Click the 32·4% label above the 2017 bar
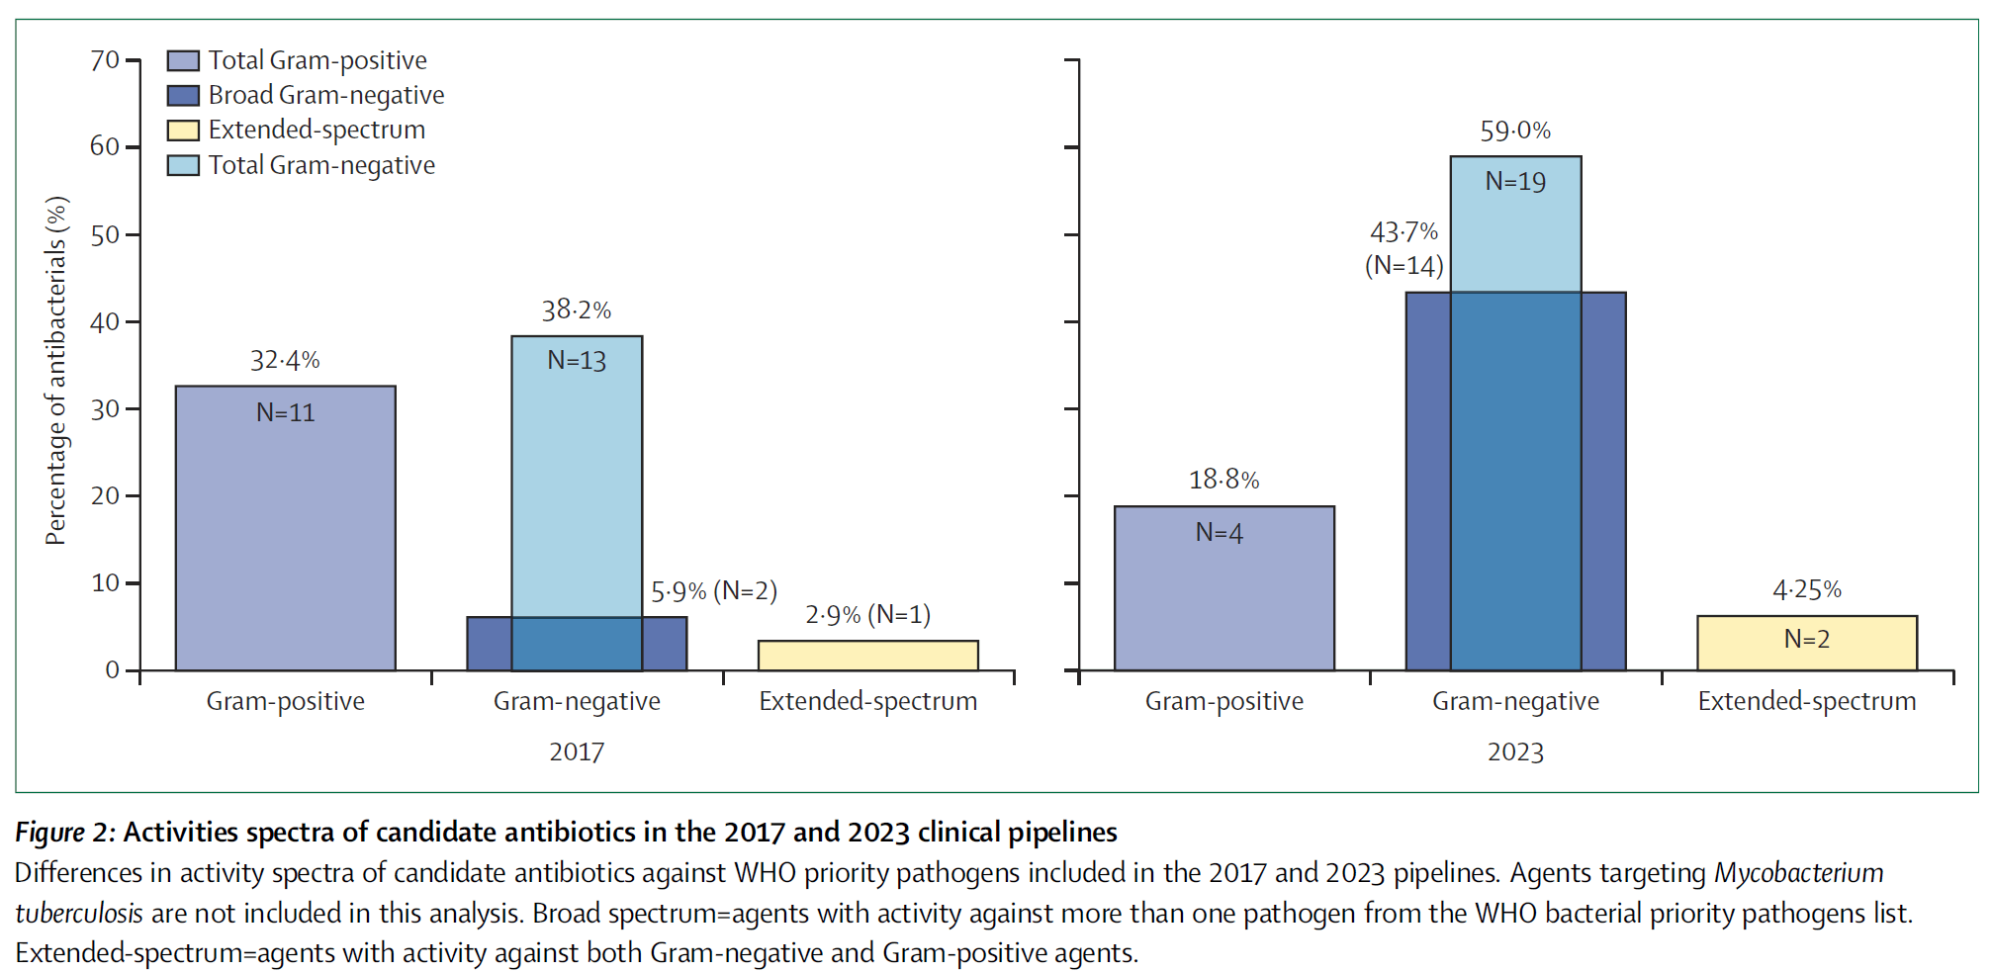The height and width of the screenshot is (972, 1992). (x=285, y=361)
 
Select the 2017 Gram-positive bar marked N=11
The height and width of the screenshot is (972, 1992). (x=285, y=534)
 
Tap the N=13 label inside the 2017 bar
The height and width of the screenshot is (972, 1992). (x=577, y=361)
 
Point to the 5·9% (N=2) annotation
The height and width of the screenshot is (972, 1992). (x=713, y=591)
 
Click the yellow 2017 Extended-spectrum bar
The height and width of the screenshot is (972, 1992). (x=867, y=656)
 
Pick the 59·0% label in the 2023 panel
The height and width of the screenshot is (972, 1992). (x=1514, y=131)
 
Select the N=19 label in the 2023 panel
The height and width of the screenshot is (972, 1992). (x=1514, y=182)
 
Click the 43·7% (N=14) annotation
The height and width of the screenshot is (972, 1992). (x=1403, y=248)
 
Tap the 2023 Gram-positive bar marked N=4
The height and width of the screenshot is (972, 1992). (x=1223, y=593)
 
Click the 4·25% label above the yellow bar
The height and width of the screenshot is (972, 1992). (x=1806, y=590)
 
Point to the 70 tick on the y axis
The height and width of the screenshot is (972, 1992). (x=105, y=60)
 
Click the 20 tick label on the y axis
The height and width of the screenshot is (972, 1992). (x=105, y=495)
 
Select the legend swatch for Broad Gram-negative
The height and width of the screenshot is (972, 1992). (x=183, y=96)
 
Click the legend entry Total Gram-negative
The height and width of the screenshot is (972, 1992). (x=320, y=165)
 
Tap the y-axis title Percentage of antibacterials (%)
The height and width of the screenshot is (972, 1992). (x=56, y=371)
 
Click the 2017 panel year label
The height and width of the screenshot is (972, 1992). (x=577, y=752)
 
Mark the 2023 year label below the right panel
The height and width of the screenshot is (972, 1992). (x=1514, y=752)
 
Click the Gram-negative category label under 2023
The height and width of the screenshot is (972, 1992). (x=1514, y=701)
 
